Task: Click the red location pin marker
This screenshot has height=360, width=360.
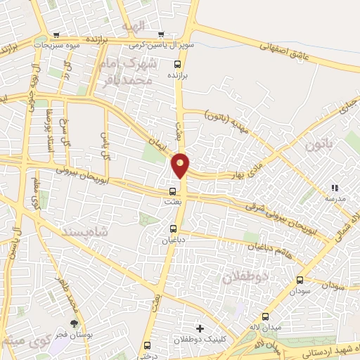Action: point(181,165)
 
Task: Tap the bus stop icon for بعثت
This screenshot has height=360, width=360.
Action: point(173,191)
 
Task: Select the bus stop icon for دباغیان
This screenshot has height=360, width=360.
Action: point(174,228)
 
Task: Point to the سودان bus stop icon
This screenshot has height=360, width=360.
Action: point(300,280)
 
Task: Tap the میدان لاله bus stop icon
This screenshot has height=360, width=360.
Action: point(265,316)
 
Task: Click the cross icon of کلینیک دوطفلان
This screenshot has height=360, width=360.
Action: point(200,328)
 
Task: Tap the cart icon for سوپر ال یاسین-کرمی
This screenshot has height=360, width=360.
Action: point(161,34)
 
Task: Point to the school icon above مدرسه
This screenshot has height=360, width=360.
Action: point(335,188)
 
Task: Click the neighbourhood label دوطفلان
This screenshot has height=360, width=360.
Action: point(245,276)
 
